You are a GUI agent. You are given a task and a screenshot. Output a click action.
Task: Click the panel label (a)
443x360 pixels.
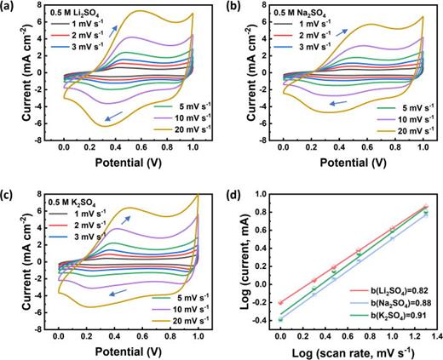pyautogui.click(x=9, y=7)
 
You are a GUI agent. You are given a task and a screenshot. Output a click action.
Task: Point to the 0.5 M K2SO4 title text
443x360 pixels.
pyautogui.click(x=66, y=202)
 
